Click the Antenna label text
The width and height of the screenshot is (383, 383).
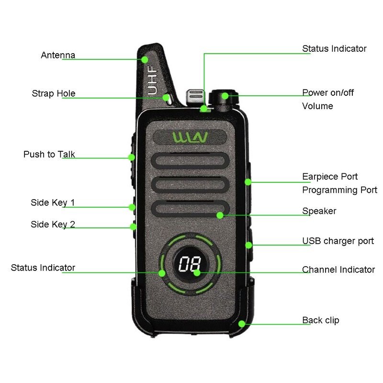(58, 55)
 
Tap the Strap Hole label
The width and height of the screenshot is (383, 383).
(54, 93)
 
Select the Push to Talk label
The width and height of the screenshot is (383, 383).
(49, 155)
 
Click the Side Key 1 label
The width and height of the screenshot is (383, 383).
(53, 203)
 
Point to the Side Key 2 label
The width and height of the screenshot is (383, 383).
(53, 224)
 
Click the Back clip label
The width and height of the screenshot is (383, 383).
(320, 320)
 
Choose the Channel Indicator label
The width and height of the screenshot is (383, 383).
(338, 270)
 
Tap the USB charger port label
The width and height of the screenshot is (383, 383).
(338, 241)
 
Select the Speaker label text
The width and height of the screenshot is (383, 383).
(319, 211)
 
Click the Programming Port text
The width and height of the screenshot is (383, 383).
(339, 190)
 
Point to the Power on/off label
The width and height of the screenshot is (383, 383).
(328, 92)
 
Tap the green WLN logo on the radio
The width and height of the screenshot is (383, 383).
(190, 138)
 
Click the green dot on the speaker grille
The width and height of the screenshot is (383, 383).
(220, 215)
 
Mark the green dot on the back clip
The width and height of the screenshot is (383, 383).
(242, 324)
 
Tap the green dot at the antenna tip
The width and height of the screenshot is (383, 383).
(145, 59)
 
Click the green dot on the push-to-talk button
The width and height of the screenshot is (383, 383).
(131, 157)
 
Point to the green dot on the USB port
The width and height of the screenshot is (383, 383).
(248, 245)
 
